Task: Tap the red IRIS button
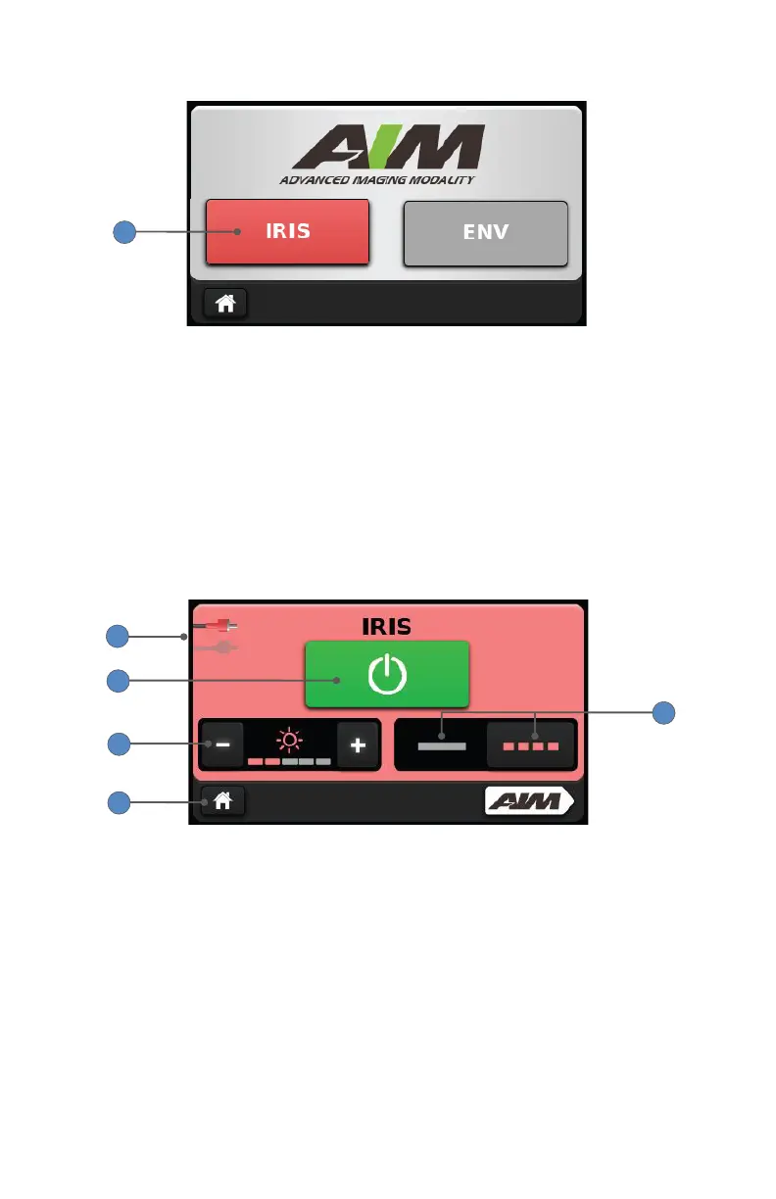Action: pos(287,232)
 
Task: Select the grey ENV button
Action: pos(486,233)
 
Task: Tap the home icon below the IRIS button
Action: pos(225,304)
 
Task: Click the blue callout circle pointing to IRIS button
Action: pos(122,232)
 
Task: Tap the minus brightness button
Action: pos(223,744)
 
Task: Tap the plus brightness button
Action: pos(358,744)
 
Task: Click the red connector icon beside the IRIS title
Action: pos(220,624)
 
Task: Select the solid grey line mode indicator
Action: pos(441,745)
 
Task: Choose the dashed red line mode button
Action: pos(531,745)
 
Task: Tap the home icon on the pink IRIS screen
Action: pos(223,801)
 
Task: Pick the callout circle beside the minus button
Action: pos(118,743)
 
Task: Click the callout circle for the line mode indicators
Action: pos(664,712)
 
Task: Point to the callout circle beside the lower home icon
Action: pos(118,802)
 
